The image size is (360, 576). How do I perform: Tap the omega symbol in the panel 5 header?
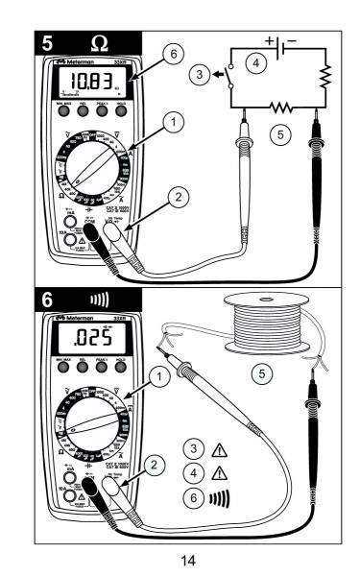99,43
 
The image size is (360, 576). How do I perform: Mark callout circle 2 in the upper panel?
175,198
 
